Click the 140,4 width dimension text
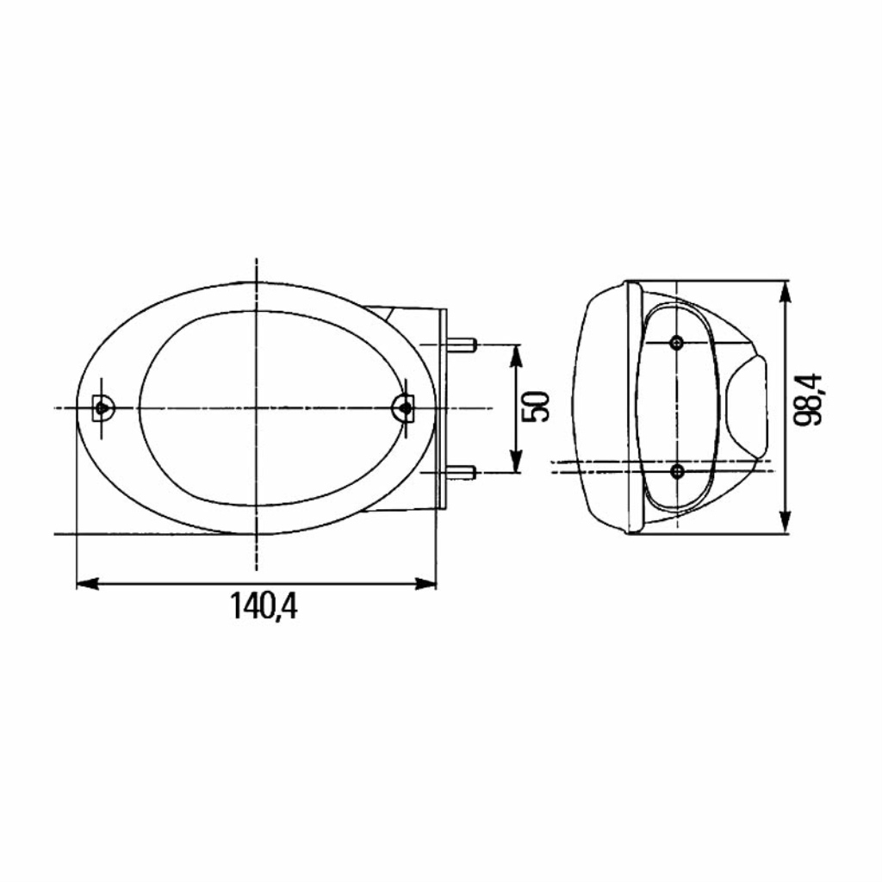click(x=264, y=606)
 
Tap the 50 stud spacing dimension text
click(x=536, y=407)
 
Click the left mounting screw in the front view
click(x=102, y=407)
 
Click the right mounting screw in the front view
click(x=403, y=407)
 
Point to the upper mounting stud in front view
click(x=463, y=344)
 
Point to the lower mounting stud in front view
click(x=463, y=473)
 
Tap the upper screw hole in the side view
click(x=678, y=342)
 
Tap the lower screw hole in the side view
click(x=678, y=471)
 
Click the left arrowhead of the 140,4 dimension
click(x=87, y=583)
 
